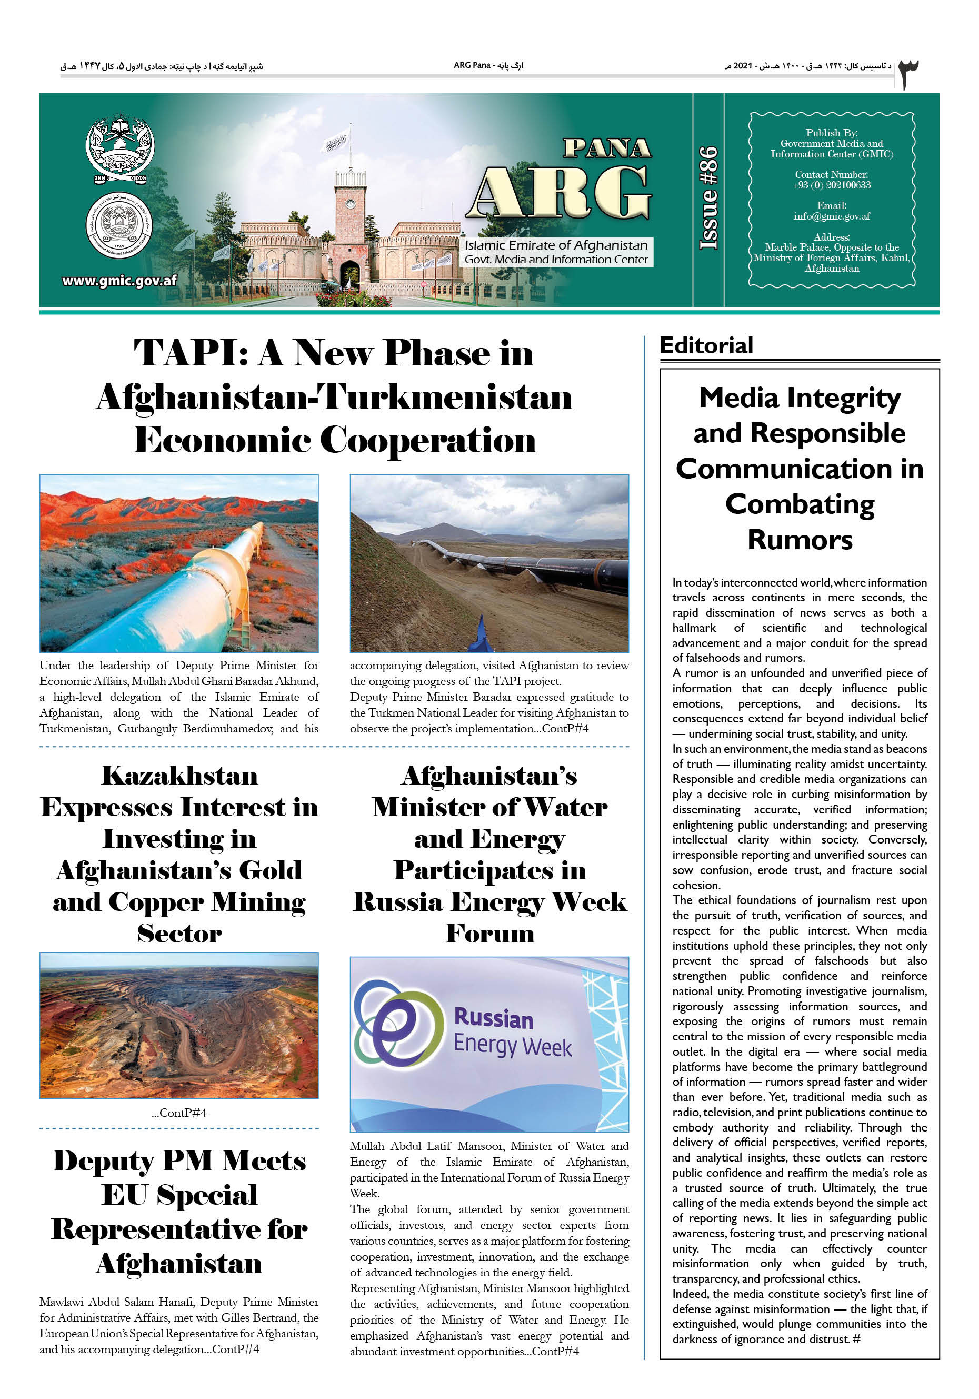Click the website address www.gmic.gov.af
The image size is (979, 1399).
coord(119,281)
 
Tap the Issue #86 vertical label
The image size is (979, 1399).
coord(708,198)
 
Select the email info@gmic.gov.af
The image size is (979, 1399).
coord(831,216)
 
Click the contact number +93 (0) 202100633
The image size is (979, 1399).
coord(831,185)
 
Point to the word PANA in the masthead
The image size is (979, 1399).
coord(607,148)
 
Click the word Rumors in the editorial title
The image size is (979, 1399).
coord(800,540)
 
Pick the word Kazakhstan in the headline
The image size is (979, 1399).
coord(179,776)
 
